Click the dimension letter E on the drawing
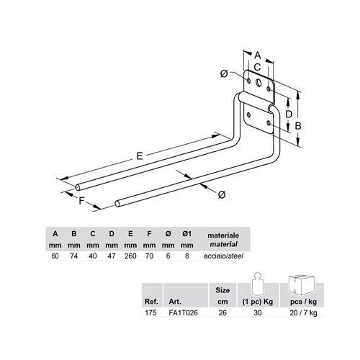(x=140, y=156)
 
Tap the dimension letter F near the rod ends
(x=82, y=200)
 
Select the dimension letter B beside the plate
(x=298, y=126)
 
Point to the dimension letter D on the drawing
(x=289, y=114)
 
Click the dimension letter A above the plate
(x=258, y=55)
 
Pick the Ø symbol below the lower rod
(x=222, y=194)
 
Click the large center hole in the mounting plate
(x=258, y=83)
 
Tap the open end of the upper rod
(x=78, y=188)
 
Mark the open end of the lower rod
(x=117, y=204)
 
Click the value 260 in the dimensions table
(x=130, y=256)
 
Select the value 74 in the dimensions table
(x=73, y=256)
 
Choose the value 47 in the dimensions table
(x=112, y=256)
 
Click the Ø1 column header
(x=186, y=233)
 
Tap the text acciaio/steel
(x=223, y=256)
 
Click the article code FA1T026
(x=184, y=312)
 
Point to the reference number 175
(x=150, y=312)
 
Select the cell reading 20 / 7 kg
(x=303, y=313)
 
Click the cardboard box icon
(x=302, y=285)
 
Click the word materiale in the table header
(x=223, y=235)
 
